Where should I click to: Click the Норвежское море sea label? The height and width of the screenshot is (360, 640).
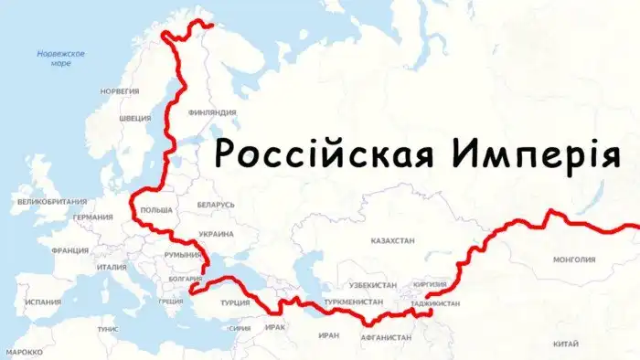click(x=61, y=58)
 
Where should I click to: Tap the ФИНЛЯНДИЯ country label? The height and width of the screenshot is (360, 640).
click(x=211, y=112)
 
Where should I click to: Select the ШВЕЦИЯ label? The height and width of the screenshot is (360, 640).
click(x=135, y=118)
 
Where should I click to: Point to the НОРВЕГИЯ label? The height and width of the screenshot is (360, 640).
click(x=120, y=91)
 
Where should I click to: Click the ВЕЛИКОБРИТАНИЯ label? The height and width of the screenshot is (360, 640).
click(x=52, y=201)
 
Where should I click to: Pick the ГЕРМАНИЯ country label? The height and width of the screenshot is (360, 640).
click(x=93, y=217)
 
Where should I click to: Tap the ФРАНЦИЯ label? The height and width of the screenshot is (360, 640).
click(x=70, y=250)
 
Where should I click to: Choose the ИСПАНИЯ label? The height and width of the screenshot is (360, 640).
click(x=43, y=302)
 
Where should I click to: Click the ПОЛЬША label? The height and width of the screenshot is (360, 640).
click(x=156, y=209)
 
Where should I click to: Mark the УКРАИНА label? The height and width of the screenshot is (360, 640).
click(x=216, y=234)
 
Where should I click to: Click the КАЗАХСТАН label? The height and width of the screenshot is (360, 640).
click(x=392, y=240)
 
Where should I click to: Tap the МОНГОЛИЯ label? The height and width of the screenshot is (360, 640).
click(x=574, y=259)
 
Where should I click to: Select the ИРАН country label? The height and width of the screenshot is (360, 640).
click(x=329, y=335)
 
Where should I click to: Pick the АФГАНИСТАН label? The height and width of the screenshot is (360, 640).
click(x=387, y=337)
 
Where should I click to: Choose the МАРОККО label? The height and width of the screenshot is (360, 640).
click(x=24, y=351)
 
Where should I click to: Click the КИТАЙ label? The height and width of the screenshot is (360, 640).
click(x=566, y=344)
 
